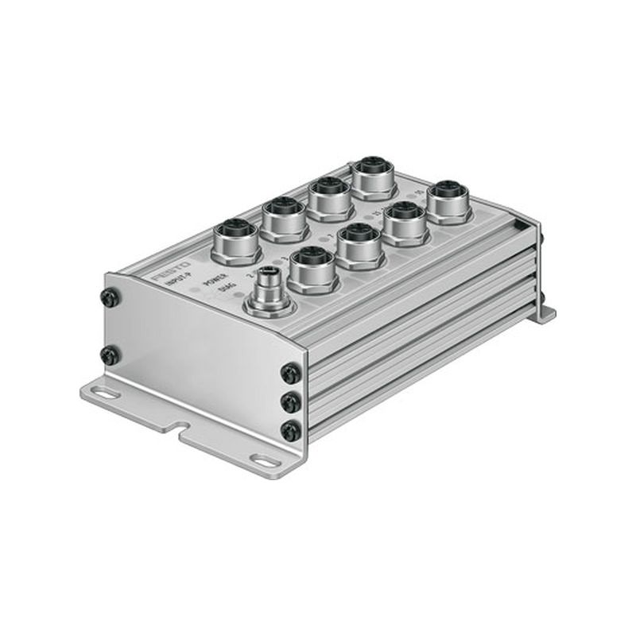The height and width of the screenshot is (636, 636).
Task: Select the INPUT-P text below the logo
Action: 177,281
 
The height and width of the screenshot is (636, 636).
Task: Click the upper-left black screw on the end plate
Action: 111,298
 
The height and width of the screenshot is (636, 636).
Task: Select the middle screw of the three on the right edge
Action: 291,401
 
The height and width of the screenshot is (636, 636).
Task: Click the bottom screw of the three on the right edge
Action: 291,431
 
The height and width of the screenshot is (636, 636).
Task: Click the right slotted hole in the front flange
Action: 263,459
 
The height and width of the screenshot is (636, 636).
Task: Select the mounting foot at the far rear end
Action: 544,311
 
